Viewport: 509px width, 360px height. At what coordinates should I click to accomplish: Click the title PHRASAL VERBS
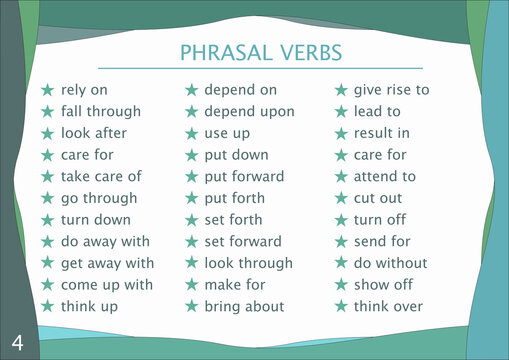click(x=260, y=52)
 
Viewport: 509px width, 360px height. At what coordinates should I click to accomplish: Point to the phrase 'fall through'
click(x=101, y=111)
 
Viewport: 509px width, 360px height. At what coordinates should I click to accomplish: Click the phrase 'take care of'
click(x=101, y=176)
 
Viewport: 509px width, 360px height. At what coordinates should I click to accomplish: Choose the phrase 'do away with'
click(x=105, y=241)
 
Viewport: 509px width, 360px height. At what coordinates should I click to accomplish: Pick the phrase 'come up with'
click(x=107, y=285)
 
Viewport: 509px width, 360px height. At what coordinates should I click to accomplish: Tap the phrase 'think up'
click(x=89, y=306)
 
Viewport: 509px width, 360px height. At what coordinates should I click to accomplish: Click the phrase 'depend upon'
click(x=249, y=111)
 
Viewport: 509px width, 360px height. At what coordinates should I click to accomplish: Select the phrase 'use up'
click(x=229, y=133)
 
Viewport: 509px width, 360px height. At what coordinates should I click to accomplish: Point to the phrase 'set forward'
click(x=243, y=241)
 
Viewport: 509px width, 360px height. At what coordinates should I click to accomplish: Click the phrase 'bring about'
click(x=244, y=306)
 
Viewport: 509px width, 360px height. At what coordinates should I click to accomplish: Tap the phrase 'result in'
click(x=381, y=133)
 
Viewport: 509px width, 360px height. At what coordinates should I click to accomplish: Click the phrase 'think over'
click(x=388, y=306)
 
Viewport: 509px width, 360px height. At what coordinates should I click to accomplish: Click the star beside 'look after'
click(x=47, y=133)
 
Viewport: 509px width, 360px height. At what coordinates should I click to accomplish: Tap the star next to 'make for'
click(x=192, y=285)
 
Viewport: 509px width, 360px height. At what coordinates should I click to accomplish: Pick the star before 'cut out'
click(x=340, y=198)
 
